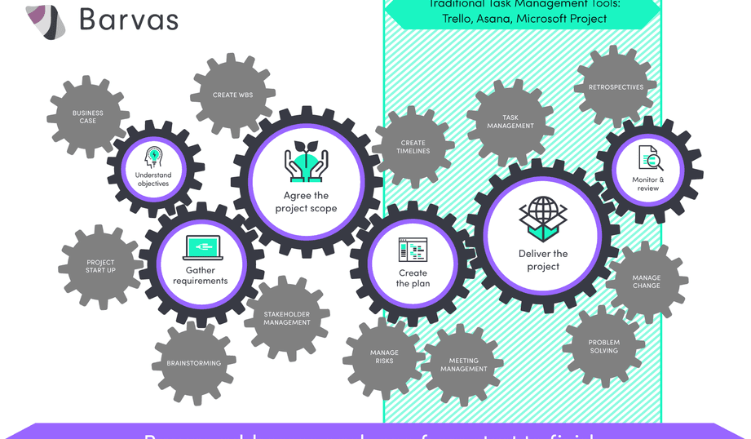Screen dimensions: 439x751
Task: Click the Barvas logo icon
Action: tap(46, 21)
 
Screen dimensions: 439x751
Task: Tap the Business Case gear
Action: tap(88, 117)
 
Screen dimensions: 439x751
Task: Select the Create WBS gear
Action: tap(233, 95)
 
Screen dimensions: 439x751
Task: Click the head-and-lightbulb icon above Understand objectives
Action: tap(153, 157)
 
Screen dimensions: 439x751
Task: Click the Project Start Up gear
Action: tap(101, 267)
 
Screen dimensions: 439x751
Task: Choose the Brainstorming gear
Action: tap(193, 363)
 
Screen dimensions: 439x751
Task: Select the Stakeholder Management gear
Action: tap(287, 318)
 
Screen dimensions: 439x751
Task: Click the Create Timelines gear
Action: tap(413, 147)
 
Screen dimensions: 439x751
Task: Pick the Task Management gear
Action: tap(510, 122)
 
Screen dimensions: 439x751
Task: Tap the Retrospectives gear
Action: tap(616, 87)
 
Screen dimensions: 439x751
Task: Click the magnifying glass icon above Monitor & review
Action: tap(648, 157)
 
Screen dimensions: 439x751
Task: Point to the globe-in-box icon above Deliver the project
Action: tap(542, 219)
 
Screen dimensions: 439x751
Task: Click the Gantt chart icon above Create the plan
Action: tap(413, 251)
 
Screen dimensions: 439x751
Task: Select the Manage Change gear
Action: tap(647, 282)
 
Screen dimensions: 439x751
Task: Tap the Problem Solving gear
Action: tap(604, 346)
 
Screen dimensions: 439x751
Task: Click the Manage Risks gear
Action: tap(384, 357)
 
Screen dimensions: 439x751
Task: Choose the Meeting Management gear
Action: tap(464, 365)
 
